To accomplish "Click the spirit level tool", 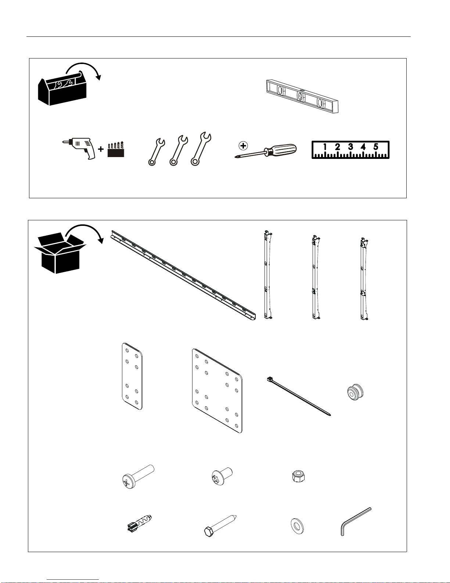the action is (302, 96).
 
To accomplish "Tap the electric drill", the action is (79, 148).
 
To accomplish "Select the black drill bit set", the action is (116, 149).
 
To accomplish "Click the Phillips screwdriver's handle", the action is (281, 150).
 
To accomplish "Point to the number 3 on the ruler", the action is (350, 146).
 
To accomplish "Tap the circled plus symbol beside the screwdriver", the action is (243, 146).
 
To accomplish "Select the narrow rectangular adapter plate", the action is (132, 376).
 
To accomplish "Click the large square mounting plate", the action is (217, 391).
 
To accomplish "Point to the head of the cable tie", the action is (270, 379).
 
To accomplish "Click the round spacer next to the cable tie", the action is (355, 392).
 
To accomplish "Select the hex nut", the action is (299, 477).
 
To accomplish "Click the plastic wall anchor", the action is (139, 523).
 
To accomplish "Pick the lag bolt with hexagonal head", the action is (220, 526).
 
